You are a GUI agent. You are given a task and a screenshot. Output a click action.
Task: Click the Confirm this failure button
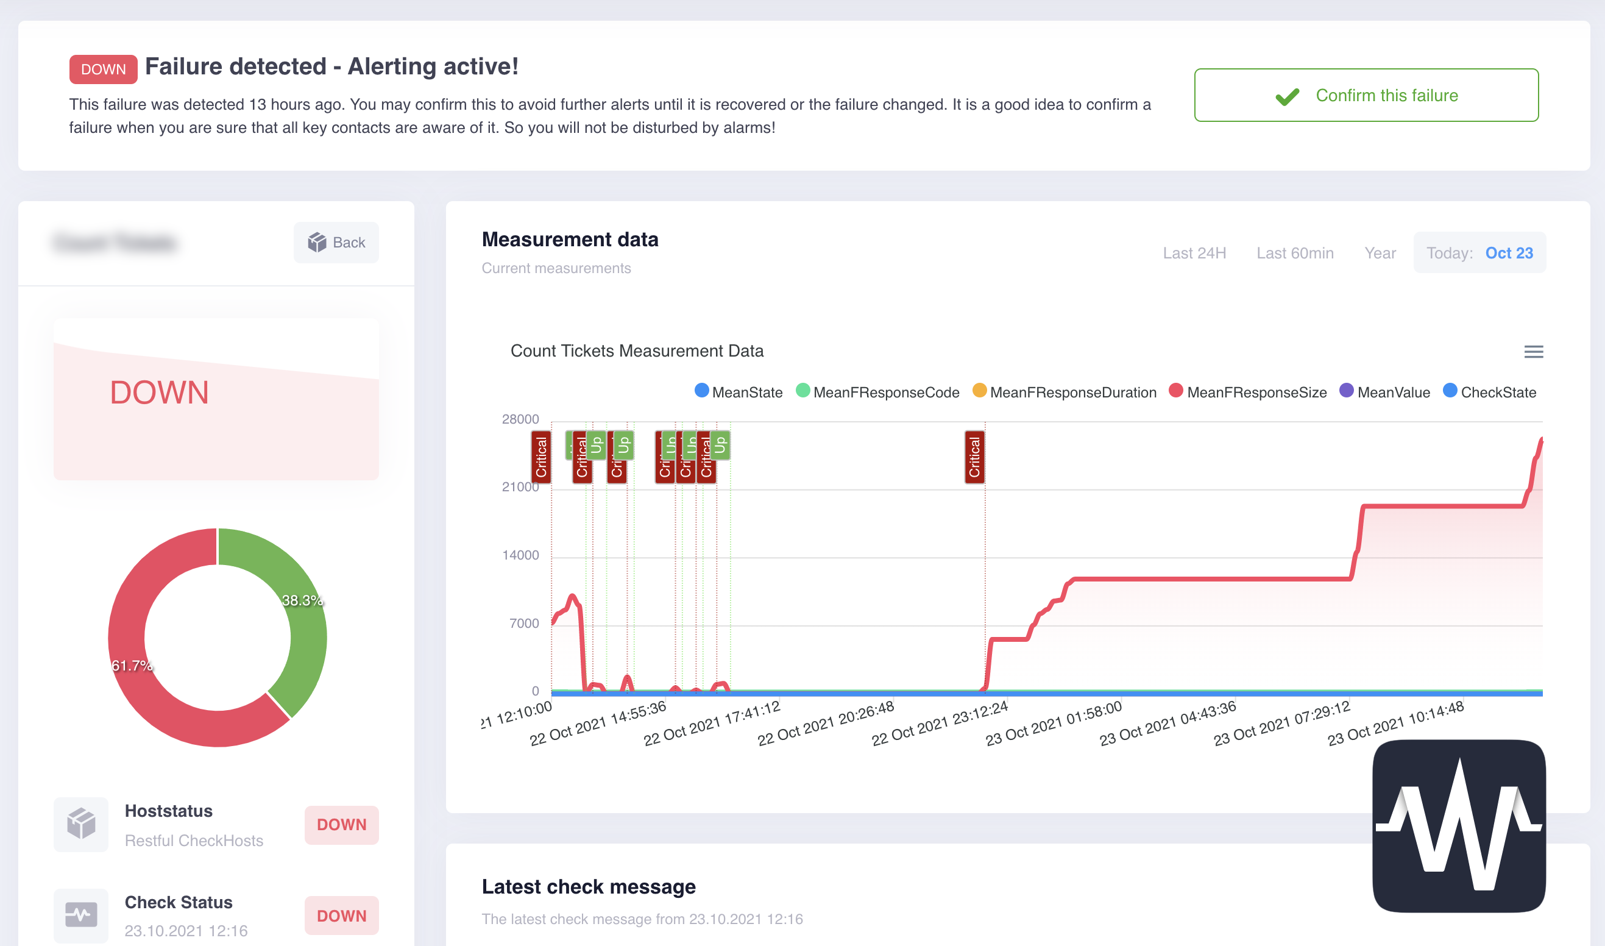pyautogui.click(x=1366, y=95)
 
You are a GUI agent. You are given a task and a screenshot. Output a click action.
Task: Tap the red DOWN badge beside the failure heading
pyautogui.click(x=103, y=69)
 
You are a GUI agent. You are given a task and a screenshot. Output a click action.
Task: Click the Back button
pyautogui.click(x=336, y=242)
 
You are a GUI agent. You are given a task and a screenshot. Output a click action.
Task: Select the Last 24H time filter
pyautogui.click(x=1194, y=253)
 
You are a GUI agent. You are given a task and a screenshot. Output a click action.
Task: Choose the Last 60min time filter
pyautogui.click(x=1294, y=253)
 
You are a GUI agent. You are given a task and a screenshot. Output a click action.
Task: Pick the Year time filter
pyautogui.click(x=1380, y=253)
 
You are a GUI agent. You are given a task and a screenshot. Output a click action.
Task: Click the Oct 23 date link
pyautogui.click(x=1508, y=253)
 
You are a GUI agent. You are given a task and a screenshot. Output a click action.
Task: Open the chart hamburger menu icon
pyautogui.click(x=1532, y=351)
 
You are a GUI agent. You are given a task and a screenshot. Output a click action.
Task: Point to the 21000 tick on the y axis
pyautogui.click(x=520, y=487)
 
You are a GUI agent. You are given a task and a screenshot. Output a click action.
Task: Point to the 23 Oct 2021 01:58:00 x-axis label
pyautogui.click(x=1052, y=724)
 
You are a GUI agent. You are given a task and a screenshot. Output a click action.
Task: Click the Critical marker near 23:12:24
pyautogui.click(x=974, y=457)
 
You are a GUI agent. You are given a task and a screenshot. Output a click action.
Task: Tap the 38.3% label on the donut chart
pyautogui.click(x=302, y=600)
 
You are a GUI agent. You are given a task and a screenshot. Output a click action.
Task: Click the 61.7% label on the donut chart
pyautogui.click(x=132, y=666)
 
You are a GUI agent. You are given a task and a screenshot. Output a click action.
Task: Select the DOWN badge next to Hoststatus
pyautogui.click(x=341, y=824)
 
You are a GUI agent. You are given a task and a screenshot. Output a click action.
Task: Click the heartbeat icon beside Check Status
pyautogui.click(x=81, y=915)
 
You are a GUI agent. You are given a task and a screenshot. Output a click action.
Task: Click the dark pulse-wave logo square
pyautogui.click(x=1458, y=825)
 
